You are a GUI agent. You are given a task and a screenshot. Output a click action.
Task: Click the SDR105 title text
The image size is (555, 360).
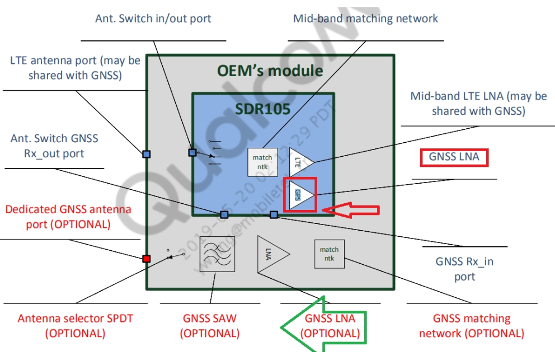click(262, 109)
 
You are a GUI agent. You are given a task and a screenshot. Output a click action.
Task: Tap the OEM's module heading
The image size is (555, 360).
click(270, 71)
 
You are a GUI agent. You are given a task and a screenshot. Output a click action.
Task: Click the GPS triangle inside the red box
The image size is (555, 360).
click(300, 195)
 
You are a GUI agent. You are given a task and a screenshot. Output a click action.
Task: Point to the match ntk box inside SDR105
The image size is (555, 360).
click(262, 162)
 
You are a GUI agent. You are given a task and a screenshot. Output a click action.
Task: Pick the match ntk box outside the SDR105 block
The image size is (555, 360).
click(329, 254)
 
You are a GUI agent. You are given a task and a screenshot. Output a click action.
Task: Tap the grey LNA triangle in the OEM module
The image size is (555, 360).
click(270, 254)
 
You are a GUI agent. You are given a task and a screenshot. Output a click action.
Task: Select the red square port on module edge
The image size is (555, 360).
click(147, 259)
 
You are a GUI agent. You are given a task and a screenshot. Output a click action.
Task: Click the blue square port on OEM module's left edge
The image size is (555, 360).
click(147, 153)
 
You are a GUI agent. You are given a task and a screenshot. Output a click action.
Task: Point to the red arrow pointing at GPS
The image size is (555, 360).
click(354, 210)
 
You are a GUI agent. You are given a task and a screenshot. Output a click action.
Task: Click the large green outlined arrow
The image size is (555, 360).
click(323, 326)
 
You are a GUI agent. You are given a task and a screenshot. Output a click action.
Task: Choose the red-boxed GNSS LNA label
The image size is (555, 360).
click(454, 157)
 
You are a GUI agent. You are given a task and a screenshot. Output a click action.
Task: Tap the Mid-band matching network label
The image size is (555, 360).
click(365, 18)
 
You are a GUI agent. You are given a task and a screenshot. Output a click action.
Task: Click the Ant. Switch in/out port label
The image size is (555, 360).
click(153, 18)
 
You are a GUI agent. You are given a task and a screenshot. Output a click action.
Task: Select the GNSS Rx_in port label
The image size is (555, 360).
click(464, 269)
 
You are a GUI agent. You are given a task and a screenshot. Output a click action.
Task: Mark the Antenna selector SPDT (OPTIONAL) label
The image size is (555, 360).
click(75, 325)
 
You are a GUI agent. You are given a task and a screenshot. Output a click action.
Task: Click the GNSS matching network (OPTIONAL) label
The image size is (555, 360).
click(472, 325)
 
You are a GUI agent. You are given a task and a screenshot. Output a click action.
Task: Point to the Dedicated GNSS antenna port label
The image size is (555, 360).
click(68, 217)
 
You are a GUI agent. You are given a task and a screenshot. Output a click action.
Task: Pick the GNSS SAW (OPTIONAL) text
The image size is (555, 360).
click(210, 325)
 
